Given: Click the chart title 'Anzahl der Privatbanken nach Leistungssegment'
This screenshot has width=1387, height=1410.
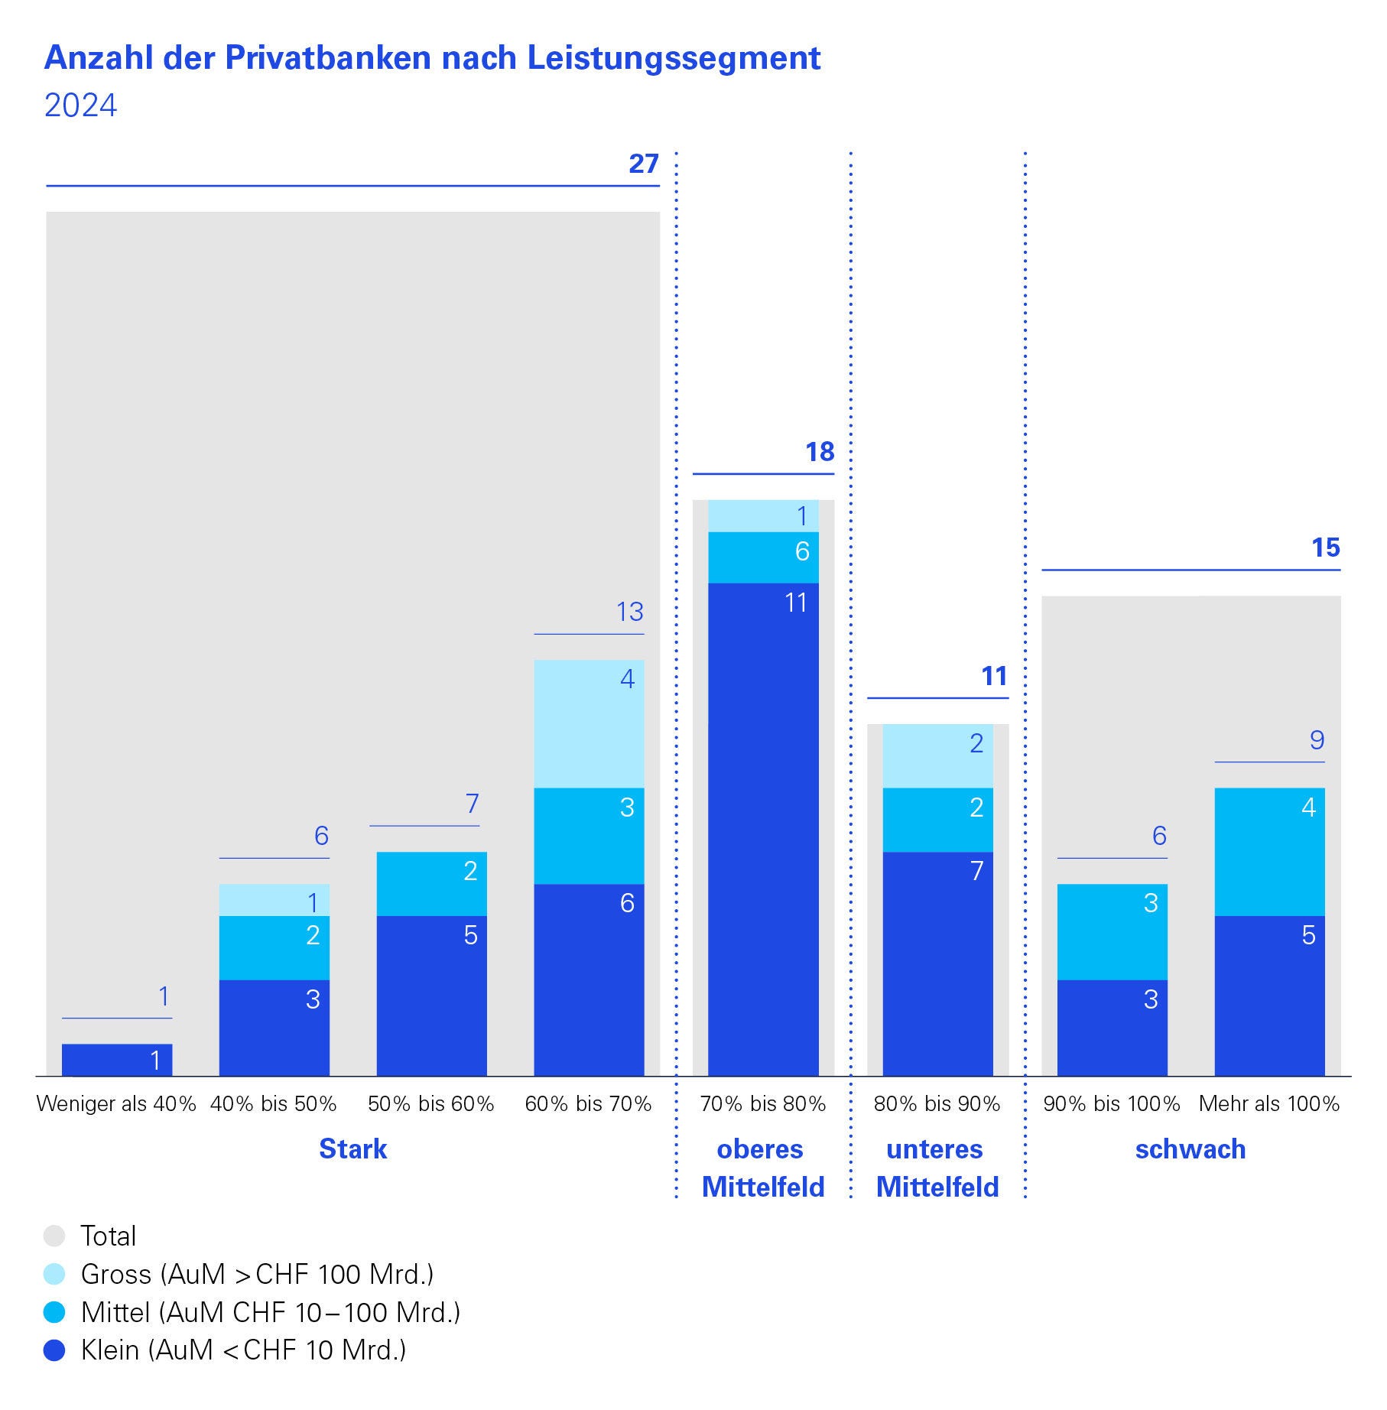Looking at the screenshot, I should (432, 58).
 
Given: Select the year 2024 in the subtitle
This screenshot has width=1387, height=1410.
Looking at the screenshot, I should (80, 106).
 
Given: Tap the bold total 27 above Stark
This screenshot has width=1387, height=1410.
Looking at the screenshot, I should (643, 164).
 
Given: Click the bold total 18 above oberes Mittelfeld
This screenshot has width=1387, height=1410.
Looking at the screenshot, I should (820, 452).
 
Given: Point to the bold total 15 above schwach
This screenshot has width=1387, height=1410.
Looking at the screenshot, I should (1325, 547).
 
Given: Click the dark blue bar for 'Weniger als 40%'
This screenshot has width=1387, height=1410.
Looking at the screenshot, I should (117, 1060).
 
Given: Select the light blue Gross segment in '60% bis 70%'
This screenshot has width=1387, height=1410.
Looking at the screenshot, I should (589, 723).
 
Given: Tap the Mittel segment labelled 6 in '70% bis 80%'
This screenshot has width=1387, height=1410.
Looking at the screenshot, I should (763, 557).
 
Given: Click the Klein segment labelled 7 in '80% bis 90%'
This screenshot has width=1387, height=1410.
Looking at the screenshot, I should (937, 963).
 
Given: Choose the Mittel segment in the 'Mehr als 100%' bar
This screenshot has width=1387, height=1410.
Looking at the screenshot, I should (1269, 852).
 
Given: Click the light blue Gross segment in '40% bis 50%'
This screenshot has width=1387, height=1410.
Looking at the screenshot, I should (274, 900).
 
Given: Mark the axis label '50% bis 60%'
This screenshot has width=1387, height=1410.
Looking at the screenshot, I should (431, 1104).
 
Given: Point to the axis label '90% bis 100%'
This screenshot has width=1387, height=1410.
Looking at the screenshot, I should (1112, 1104).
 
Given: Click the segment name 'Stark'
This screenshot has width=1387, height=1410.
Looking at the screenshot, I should (352, 1149).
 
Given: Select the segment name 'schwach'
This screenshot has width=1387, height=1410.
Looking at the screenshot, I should (1190, 1149).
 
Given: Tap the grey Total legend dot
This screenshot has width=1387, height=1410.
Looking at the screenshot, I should (55, 1236).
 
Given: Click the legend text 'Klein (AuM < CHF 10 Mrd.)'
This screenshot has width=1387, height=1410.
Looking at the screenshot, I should (243, 1350).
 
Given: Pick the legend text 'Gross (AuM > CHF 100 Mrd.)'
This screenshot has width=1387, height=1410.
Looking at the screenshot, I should (257, 1274).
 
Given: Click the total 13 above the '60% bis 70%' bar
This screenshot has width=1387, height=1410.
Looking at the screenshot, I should (630, 612).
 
